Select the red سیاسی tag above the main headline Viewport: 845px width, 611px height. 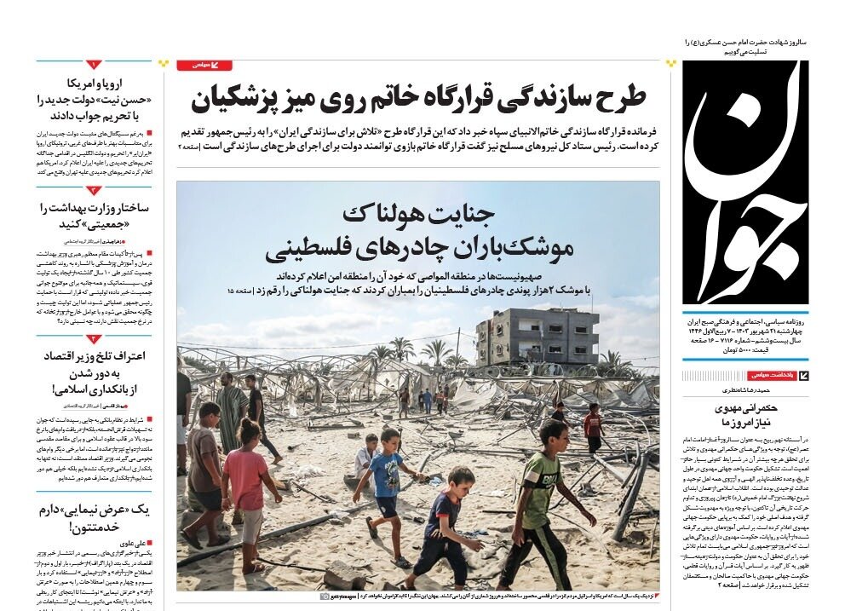click(x=204, y=65)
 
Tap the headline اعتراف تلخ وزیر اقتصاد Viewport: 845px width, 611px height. click(x=93, y=372)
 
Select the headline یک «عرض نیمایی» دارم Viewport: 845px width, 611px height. click(x=93, y=518)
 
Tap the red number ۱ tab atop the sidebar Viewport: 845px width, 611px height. click(x=93, y=65)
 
